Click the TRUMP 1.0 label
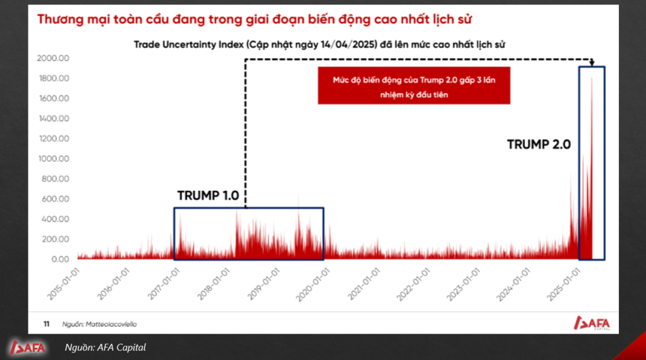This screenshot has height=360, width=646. (x=208, y=195)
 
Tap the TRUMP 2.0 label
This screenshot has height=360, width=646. (x=539, y=144)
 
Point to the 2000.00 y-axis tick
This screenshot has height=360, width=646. (x=53, y=58)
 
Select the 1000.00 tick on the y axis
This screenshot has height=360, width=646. (x=54, y=159)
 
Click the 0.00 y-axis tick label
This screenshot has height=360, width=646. (x=60, y=259)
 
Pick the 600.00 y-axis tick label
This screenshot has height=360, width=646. (x=56, y=199)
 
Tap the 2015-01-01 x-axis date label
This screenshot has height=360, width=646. (x=63, y=284)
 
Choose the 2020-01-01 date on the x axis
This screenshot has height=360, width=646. (x=313, y=284)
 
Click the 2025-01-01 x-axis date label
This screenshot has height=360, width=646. (x=563, y=284)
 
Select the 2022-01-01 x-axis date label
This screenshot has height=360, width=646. (x=413, y=284)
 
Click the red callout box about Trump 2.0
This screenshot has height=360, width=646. (x=414, y=86)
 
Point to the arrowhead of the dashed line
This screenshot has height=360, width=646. (x=592, y=63)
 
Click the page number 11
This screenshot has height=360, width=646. (x=47, y=324)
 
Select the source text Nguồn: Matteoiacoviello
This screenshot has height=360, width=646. (x=99, y=325)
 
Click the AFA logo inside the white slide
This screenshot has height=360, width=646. (x=592, y=323)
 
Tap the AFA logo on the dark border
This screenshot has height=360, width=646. (x=28, y=347)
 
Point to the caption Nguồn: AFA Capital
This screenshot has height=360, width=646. (x=105, y=347)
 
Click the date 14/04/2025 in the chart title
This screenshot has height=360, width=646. (x=348, y=45)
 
